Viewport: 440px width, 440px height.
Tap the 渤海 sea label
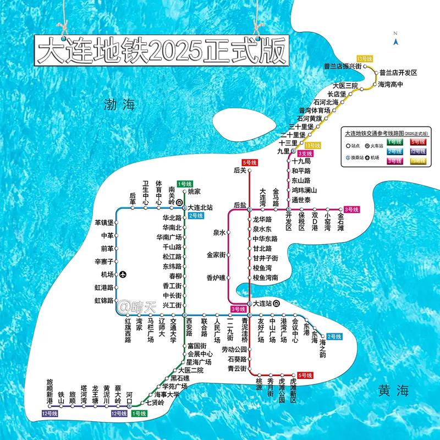point(119,104)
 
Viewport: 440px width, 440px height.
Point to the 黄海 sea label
point(394,391)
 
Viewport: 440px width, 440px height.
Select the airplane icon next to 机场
point(123,274)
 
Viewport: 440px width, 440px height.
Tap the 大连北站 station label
point(200,208)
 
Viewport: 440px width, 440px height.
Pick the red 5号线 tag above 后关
point(250,163)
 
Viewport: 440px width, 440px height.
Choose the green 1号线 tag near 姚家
point(185,184)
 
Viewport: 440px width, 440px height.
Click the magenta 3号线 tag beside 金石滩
point(351,209)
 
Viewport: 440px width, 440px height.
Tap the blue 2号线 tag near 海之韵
point(334,337)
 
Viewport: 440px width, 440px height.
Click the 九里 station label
point(283,151)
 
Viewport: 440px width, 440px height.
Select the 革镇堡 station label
point(103,223)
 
